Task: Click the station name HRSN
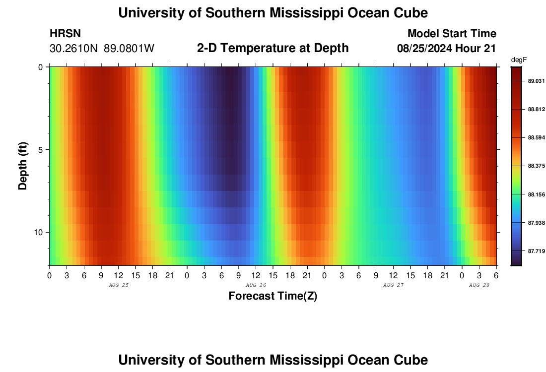[x=65, y=34]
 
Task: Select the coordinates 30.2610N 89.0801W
[x=102, y=49]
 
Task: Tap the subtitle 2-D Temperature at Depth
[x=273, y=48]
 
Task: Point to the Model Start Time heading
[x=451, y=34]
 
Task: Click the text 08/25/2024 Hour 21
[x=446, y=49]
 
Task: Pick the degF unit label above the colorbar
[x=519, y=60]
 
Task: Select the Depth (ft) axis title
[x=23, y=166]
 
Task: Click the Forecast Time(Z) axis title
[x=273, y=296]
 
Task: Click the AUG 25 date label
[x=118, y=285]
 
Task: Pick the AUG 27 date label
[x=393, y=285]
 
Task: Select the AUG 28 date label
[x=479, y=285]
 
